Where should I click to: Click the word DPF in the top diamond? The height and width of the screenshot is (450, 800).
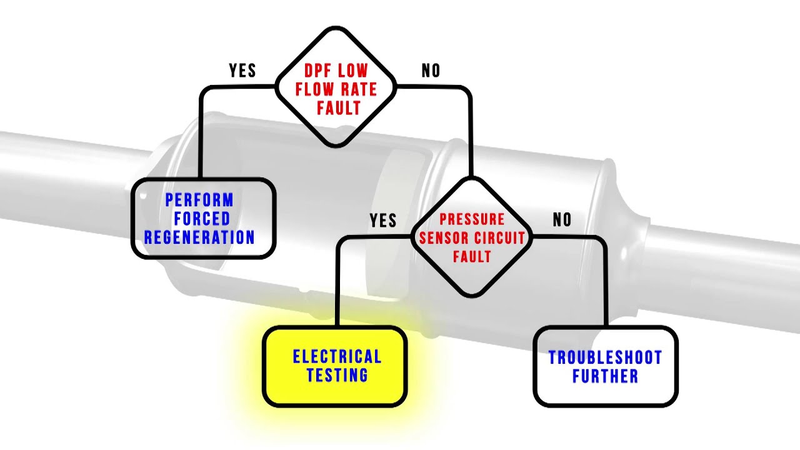[317, 71]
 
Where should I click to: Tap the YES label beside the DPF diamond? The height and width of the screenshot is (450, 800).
[242, 71]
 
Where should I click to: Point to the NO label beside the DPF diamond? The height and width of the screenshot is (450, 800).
[431, 71]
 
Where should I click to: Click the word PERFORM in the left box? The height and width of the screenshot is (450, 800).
[199, 199]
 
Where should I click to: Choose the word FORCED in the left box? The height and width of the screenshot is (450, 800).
[202, 219]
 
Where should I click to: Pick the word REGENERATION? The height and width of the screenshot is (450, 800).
[199, 237]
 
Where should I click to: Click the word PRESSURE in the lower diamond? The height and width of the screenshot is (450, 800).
[472, 219]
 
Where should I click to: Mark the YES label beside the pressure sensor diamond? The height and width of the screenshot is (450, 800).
[383, 220]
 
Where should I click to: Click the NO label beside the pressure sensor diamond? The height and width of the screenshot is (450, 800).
[562, 219]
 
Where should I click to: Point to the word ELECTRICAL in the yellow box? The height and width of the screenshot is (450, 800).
[337, 356]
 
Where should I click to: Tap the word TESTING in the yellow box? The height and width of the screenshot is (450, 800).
[337, 375]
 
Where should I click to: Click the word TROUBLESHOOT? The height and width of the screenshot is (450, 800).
[606, 357]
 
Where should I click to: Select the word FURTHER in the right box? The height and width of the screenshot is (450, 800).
[606, 376]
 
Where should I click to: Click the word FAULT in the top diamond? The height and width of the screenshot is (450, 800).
[339, 108]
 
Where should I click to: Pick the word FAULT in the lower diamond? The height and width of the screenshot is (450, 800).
[472, 256]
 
